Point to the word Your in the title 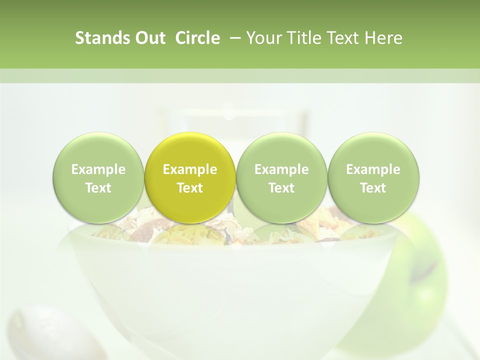[x=263, y=38]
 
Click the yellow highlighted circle [x=190, y=177]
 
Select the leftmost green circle [x=98, y=177]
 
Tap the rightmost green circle [x=373, y=177]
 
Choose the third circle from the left [x=281, y=177]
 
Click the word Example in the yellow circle [x=190, y=169]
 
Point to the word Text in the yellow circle [x=190, y=188]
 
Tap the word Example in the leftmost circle [x=98, y=169]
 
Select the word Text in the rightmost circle [x=373, y=188]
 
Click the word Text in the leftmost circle [x=98, y=188]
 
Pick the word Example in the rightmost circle [x=373, y=169]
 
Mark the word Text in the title [x=341, y=38]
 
